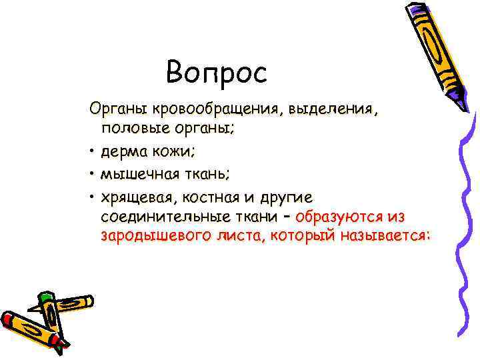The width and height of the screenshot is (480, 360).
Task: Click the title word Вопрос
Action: (x=216, y=73)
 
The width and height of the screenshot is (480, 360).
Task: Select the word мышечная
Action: (x=138, y=175)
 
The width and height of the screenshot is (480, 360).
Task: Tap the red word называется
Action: (x=385, y=236)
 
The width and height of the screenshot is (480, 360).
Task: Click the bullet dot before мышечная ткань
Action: (x=89, y=175)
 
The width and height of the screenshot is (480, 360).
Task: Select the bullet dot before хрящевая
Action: (x=89, y=198)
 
